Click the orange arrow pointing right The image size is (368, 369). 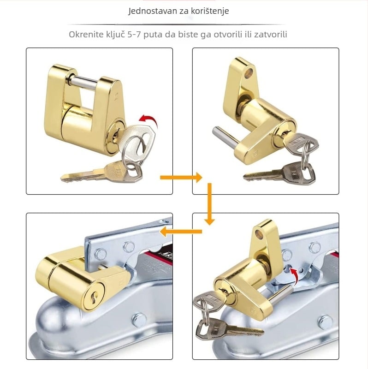point(181,177)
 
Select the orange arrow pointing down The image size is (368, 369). point(209,204)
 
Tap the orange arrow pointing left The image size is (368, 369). point(181,231)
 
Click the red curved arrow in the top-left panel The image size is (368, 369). point(148,120)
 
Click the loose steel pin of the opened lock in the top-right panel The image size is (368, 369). point(226,137)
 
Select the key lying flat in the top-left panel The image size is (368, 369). point(101,173)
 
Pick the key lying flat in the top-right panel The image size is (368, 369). point(279,173)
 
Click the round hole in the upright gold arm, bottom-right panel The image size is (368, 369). point(261,234)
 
